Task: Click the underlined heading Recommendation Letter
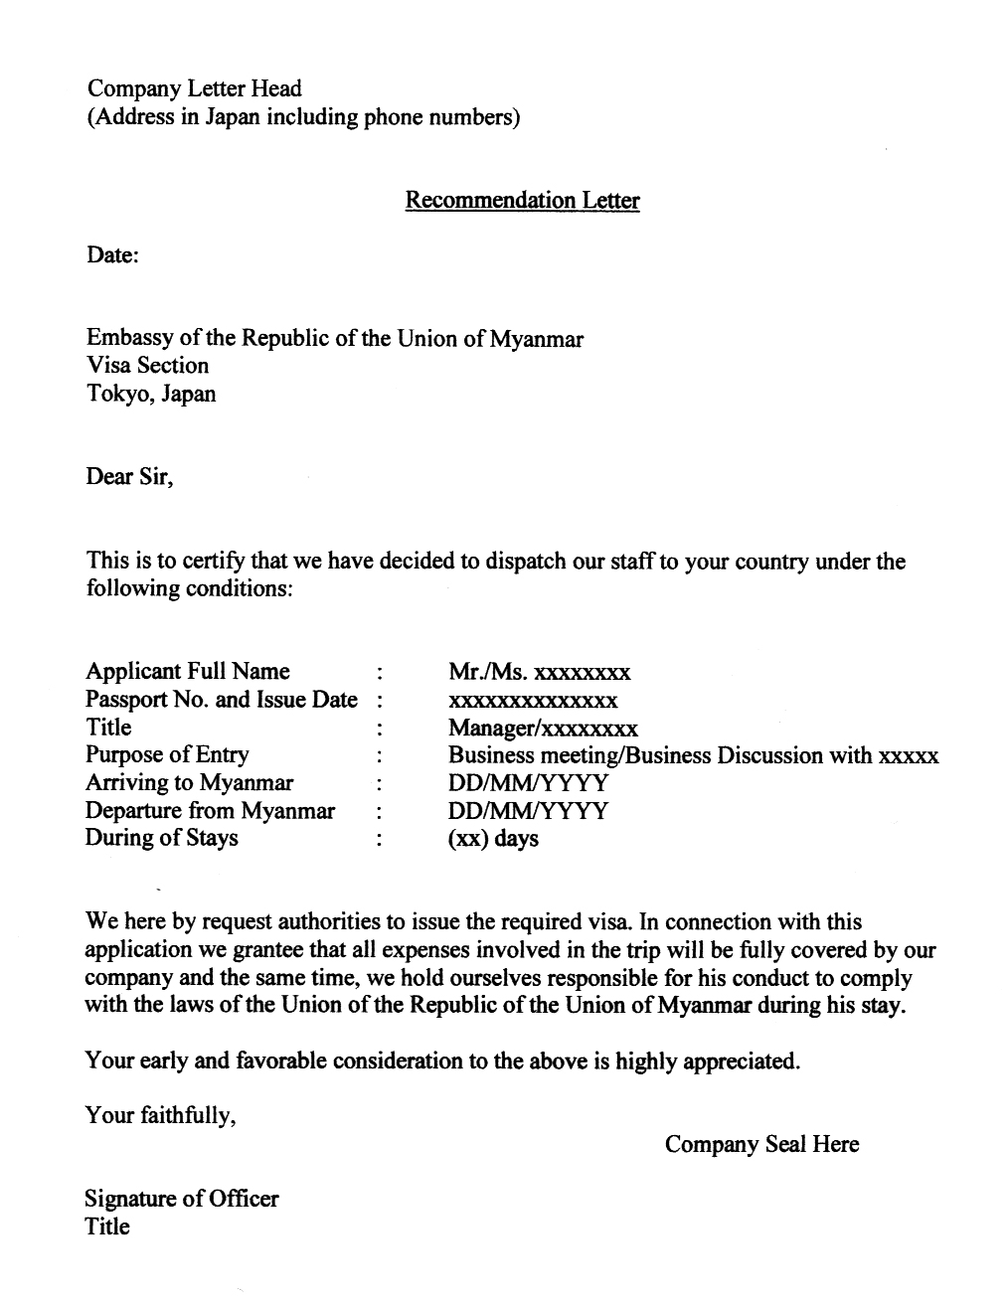click(522, 201)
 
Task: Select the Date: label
click(112, 255)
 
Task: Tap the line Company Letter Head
click(194, 89)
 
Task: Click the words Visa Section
click(147, 366)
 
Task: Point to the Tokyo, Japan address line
click(150, 394)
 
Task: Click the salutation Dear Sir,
click(129, 477)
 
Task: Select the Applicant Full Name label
click(188, 672)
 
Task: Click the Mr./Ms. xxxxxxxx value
click(539, 673)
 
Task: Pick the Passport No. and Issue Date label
click(221, 700)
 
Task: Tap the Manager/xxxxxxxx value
click(543, 729)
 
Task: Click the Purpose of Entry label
click(167, 755)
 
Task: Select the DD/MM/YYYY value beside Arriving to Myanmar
click(528, 783)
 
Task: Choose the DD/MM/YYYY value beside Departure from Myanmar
click(528, 811)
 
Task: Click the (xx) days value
click(493, 839)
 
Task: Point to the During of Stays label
click(161, 838)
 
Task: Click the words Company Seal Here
click(761, 1145)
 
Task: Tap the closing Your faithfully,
click(160, 1116)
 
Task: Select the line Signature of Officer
click(182, 1199)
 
